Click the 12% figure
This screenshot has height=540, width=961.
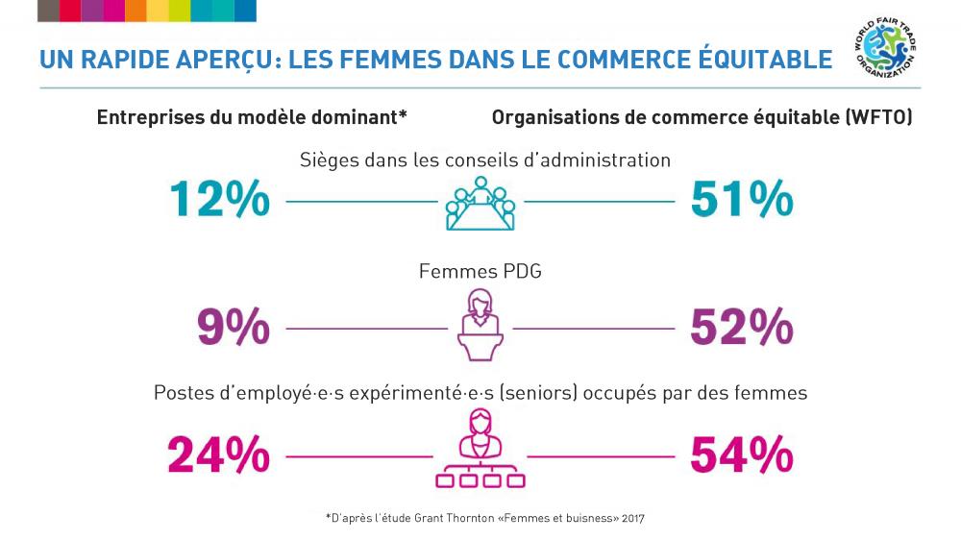click(x=219, y=200)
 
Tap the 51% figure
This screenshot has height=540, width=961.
click(x=741, y=200)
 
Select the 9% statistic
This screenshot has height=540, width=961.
click(x=233, y=329)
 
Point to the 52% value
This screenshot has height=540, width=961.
click(x=741, y=329)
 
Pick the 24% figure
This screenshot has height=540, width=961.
click(x=218, y=454)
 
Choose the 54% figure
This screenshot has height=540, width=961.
click(x=741, y=454)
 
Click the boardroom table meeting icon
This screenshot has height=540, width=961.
click(x=480, y=205)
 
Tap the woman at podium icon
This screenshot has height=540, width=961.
click(x=480, y=325)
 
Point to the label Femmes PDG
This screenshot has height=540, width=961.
click(x=480, y=272)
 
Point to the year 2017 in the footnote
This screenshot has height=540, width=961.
click(x=632, y=518)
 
